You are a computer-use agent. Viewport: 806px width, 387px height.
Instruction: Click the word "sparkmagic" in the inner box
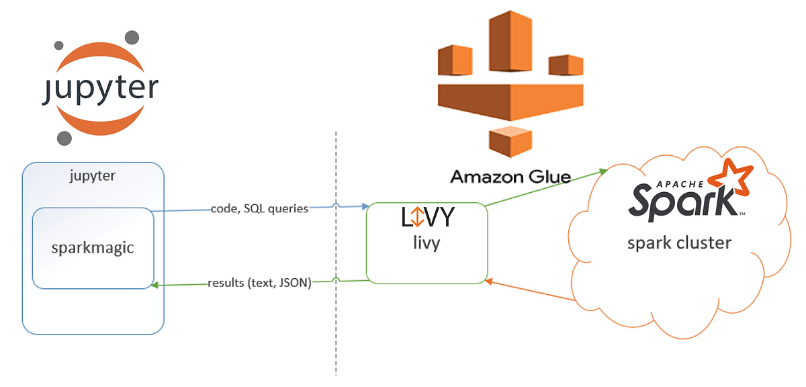tap(93, 247)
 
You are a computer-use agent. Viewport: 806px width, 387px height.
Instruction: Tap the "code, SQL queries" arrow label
tap(259, 208)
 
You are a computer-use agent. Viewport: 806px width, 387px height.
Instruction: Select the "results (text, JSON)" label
tap(259, 283)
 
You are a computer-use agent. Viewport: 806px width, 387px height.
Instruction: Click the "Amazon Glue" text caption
tap(510, 177)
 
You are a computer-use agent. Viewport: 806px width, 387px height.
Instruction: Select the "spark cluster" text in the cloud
tap(679, 242)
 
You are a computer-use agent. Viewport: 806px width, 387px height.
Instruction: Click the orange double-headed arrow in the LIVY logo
tap(416, 217)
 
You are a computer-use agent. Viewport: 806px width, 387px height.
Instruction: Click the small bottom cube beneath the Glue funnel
tap(510, 140)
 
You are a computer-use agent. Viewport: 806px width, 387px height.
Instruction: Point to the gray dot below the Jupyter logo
tap(64, 138)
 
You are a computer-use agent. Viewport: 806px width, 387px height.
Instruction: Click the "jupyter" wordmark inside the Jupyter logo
tap(99, 89)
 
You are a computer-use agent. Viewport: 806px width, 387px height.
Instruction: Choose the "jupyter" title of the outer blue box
tap(93, 176)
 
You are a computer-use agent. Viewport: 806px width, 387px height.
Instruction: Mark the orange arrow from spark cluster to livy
tap(531, 290)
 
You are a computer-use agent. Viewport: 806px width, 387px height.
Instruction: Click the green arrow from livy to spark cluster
tap(544, 187)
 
